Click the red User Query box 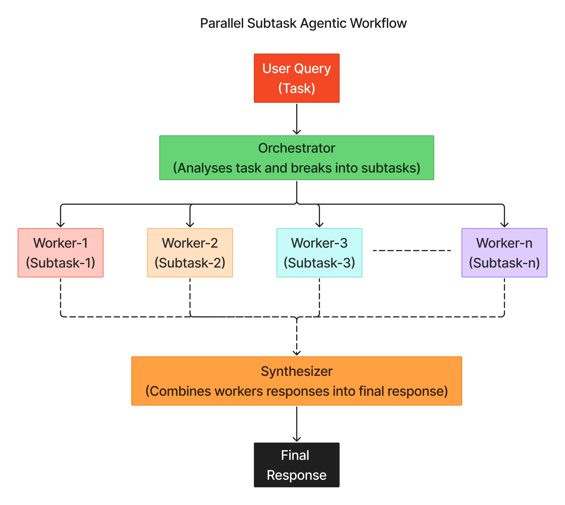(x=296, y=78)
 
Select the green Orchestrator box (x=296, y=158)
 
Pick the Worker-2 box (x=190, y=252)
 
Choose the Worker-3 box (x=319, y=252)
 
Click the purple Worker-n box (x=504, y=252)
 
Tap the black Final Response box (x=296, y=465)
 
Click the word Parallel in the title (x=221, y=23)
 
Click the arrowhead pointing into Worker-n (x=504, y=225)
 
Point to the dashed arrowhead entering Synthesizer (x=297, y=353)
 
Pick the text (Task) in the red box (x=296, y=88)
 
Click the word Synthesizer (x=296, y=371)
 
